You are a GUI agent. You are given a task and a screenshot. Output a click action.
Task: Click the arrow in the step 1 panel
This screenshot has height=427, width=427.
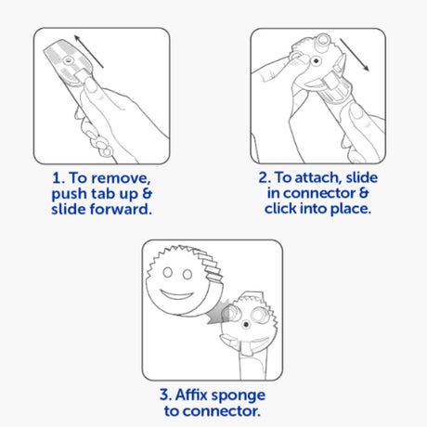pos(89,51)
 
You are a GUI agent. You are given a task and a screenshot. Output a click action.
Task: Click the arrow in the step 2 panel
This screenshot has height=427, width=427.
pos(355,55)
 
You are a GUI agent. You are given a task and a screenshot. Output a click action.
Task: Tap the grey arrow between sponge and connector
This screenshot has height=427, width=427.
pos(219,312)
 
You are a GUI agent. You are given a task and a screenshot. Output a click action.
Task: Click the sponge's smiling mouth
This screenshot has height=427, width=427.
pos(176,294)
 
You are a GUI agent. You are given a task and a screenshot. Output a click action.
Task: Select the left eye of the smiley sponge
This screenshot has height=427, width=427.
pos(168,272)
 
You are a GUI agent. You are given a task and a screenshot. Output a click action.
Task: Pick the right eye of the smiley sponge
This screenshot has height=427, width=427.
pos(188,274)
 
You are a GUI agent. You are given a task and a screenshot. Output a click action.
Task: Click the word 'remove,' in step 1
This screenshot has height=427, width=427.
pos(122,178)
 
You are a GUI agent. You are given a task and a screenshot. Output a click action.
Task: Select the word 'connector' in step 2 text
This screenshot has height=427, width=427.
pos(319,193)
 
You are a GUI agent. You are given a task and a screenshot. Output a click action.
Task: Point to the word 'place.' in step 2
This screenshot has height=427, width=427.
pos(351,209)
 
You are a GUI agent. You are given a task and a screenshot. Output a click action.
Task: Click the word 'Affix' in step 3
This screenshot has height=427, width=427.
pos(191,395)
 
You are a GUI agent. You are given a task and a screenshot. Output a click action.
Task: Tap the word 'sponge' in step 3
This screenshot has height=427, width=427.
pos(238,395)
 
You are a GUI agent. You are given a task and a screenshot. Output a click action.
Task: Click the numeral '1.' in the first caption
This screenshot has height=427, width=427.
pos(58,178)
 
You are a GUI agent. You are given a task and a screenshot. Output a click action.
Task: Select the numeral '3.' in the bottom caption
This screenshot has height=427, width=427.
pos(165,395)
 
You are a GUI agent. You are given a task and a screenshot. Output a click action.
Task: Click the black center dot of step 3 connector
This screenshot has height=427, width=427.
pos(246,325)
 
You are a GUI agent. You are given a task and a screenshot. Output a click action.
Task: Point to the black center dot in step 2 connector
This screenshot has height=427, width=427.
pos(316,60)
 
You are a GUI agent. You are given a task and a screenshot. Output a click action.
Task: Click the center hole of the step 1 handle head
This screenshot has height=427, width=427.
pos(68,60)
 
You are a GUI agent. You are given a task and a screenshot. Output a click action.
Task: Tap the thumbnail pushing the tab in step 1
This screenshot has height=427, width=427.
pos(91,85)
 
